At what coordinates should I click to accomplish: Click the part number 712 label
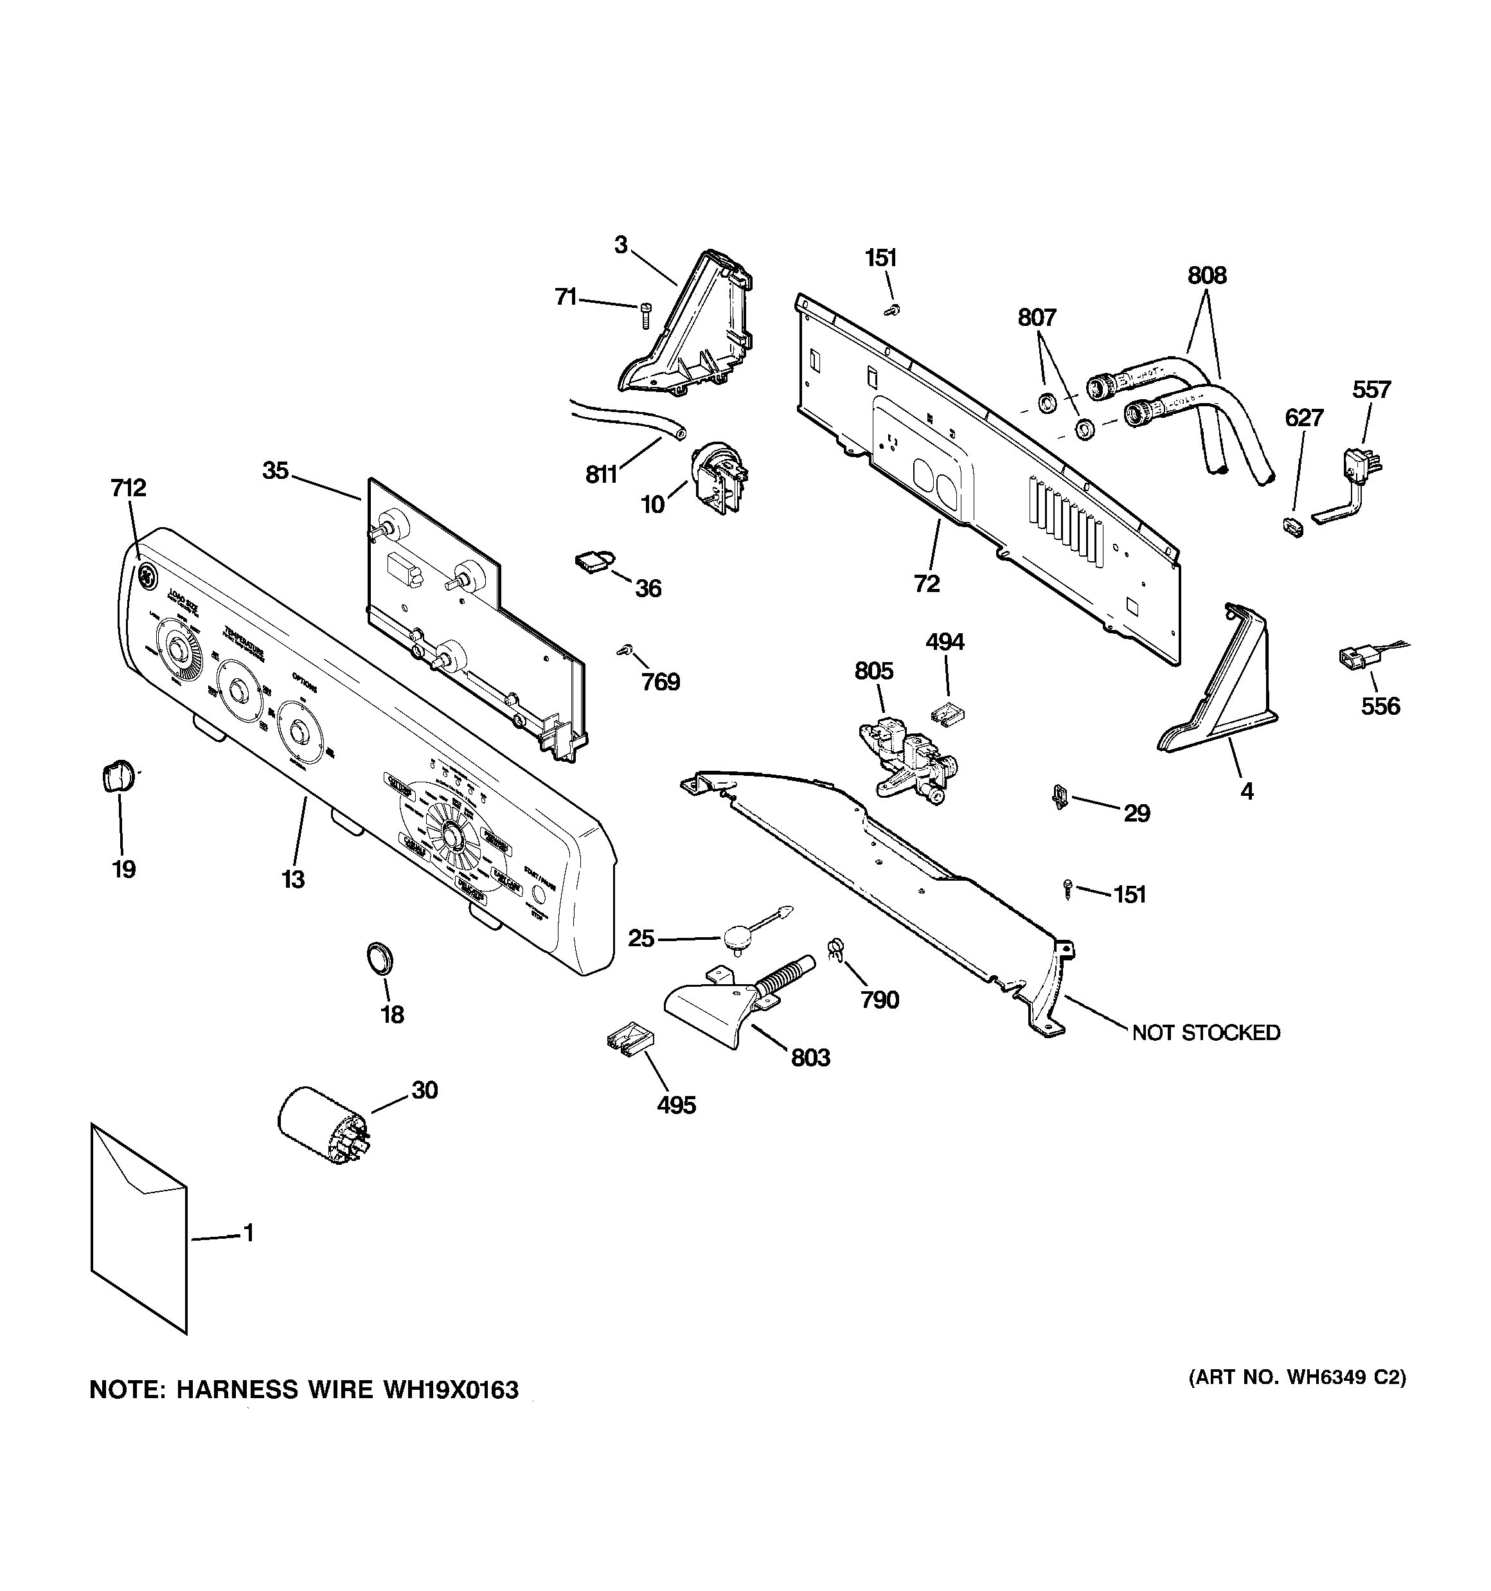tap(128, 487)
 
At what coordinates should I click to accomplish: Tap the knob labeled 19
tap(118, 775)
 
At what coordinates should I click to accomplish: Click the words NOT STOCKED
tap(1205, 1032)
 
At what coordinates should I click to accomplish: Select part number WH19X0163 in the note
tap(451, 1389)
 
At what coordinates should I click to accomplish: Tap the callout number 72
tap(926, 584)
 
